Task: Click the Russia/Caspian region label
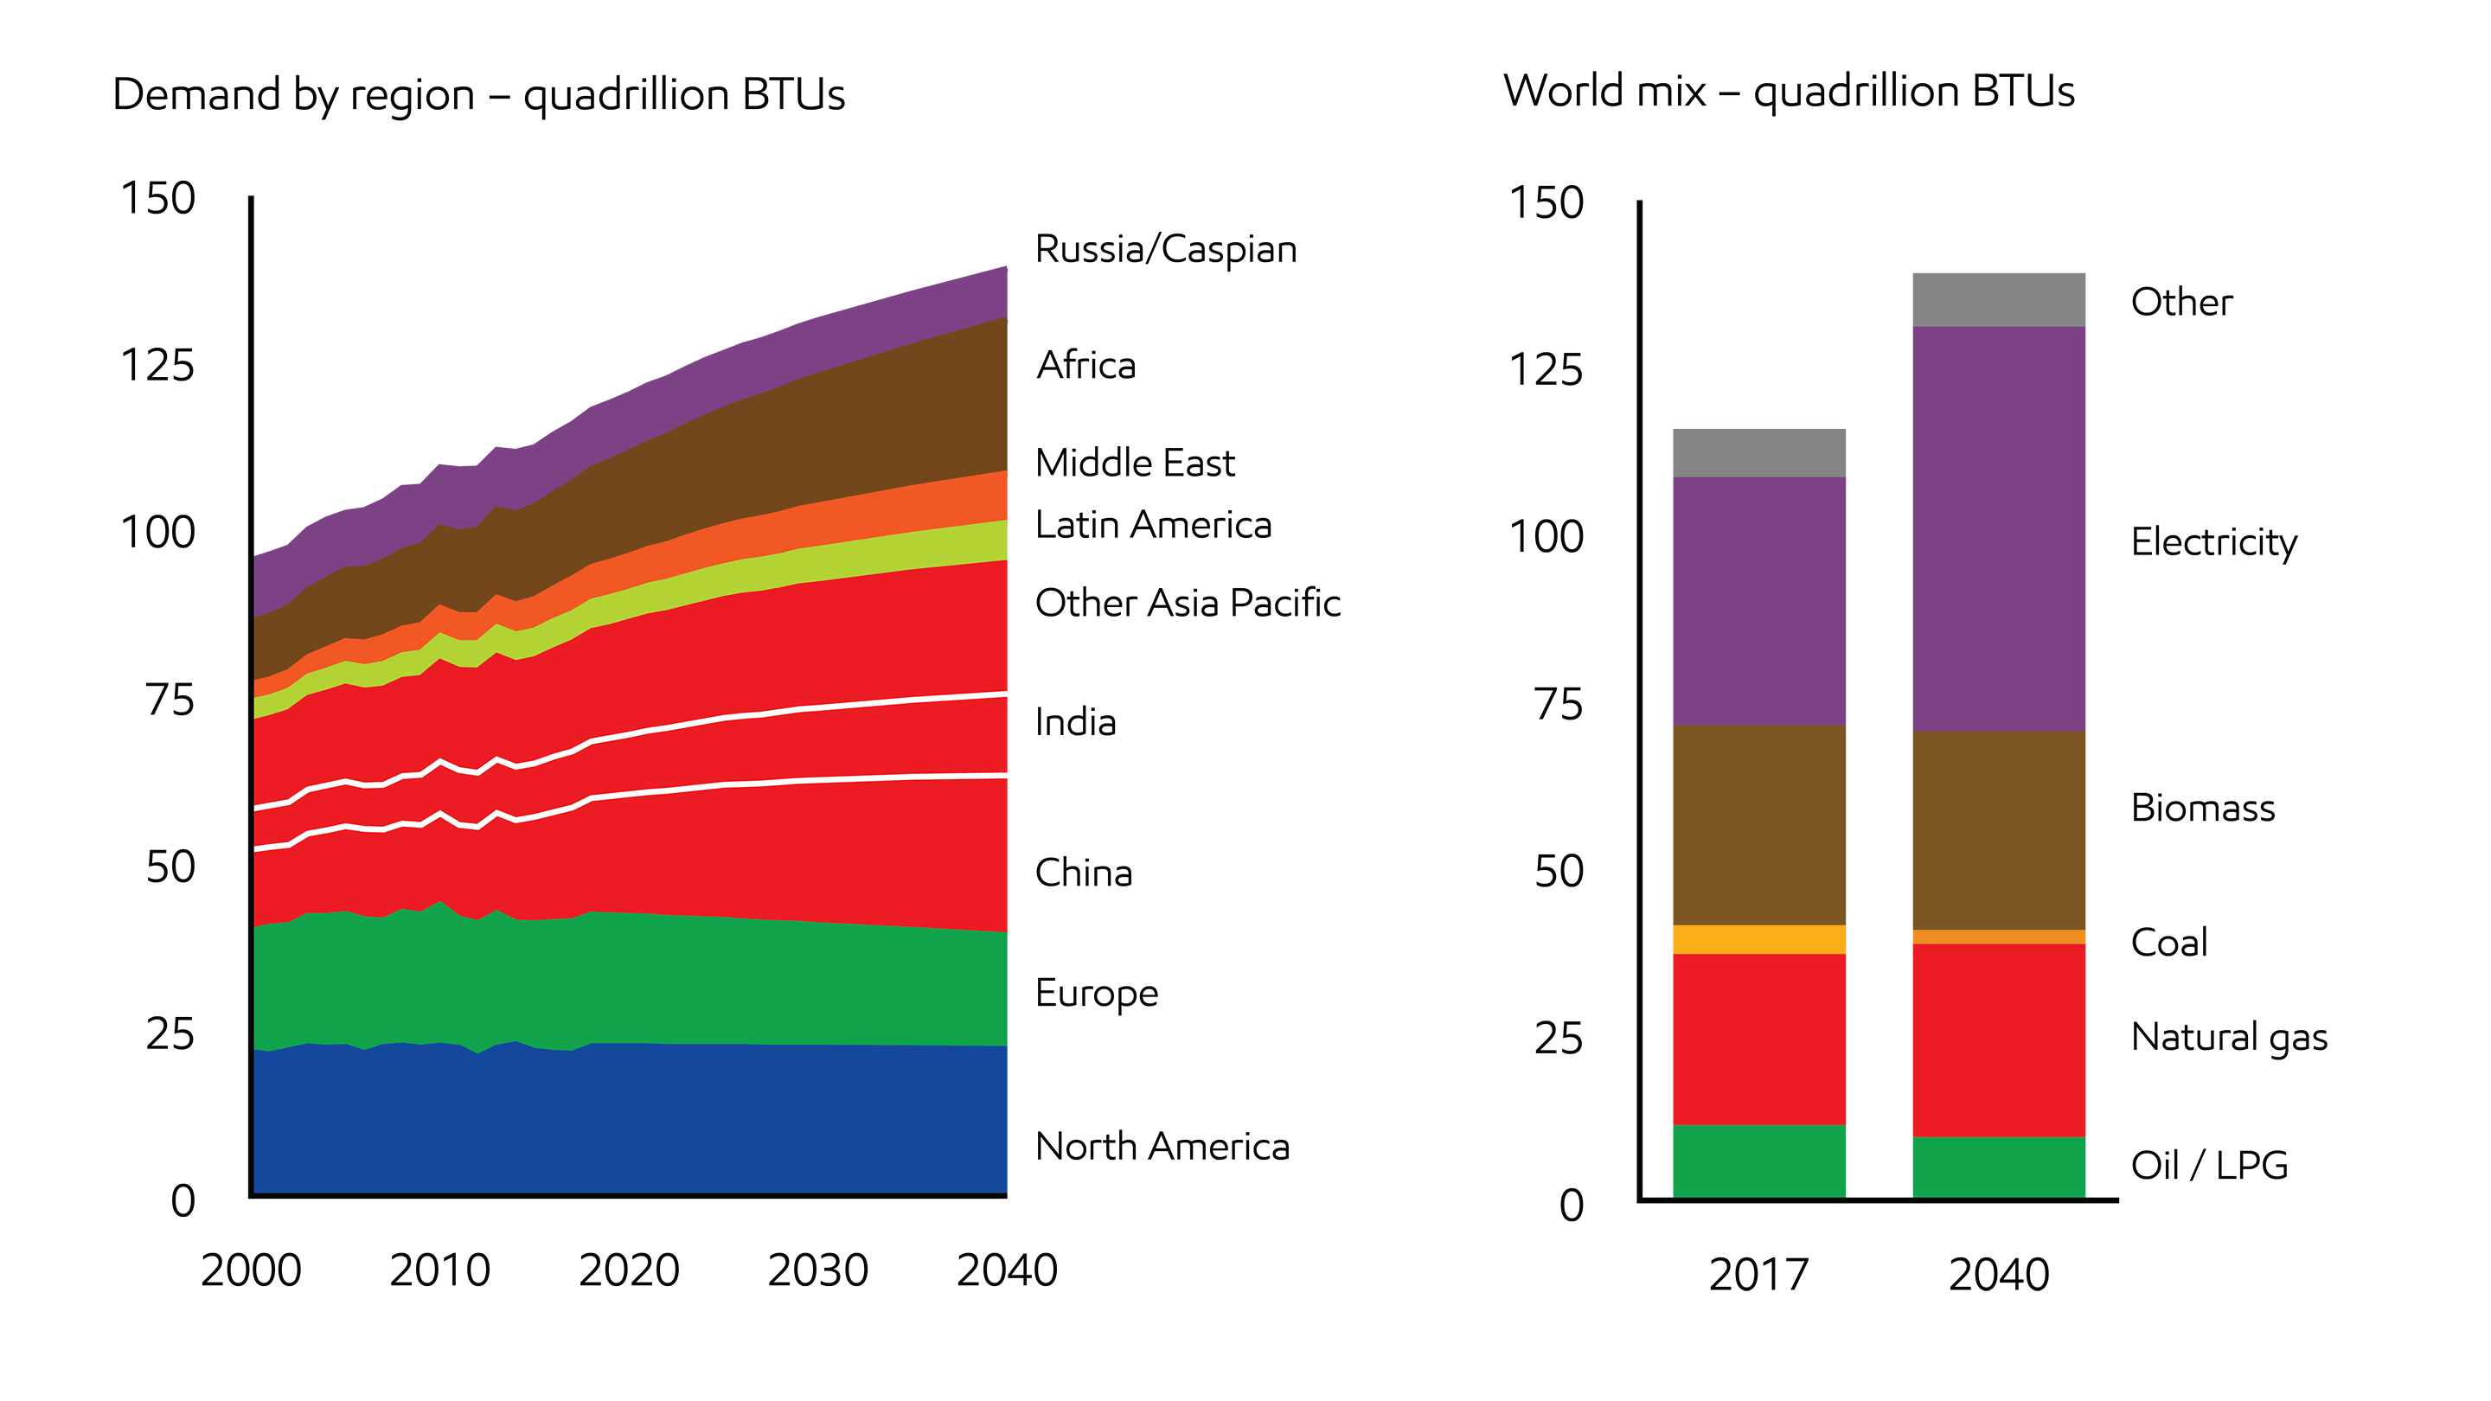coord(1165,249)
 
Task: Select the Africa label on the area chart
coord(1086,366)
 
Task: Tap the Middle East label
coord(1134,464)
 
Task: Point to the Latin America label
coord(1153,525)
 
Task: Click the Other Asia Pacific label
coord(1188,604)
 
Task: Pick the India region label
coord(1075,722)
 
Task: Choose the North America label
coord(1162,1147)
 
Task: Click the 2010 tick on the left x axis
coord(440,1270)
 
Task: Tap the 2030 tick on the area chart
coord(818,1270)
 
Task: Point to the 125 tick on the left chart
coord(157,367)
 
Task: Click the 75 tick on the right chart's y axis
coord(1558,704)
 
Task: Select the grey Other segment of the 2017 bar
coord(1758,452)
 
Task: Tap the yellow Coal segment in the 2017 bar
coord(1758,939)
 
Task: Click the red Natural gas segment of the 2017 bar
coord(1758,1039)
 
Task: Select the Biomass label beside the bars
coord(2202,809)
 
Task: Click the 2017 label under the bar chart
coord(1758,1275)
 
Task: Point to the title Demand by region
coord(478,95)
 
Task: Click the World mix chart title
coord(1788,92)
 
